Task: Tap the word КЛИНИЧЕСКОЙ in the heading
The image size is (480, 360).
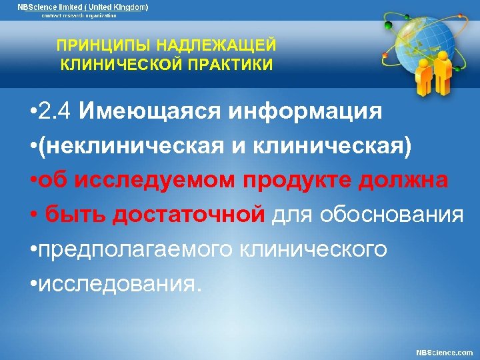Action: pyautogui.click(x=112, y=65)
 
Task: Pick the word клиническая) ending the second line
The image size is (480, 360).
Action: pyautogui.click(x=345, y=146)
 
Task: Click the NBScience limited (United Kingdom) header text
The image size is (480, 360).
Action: pyautogui.click(x=83, y=7)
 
